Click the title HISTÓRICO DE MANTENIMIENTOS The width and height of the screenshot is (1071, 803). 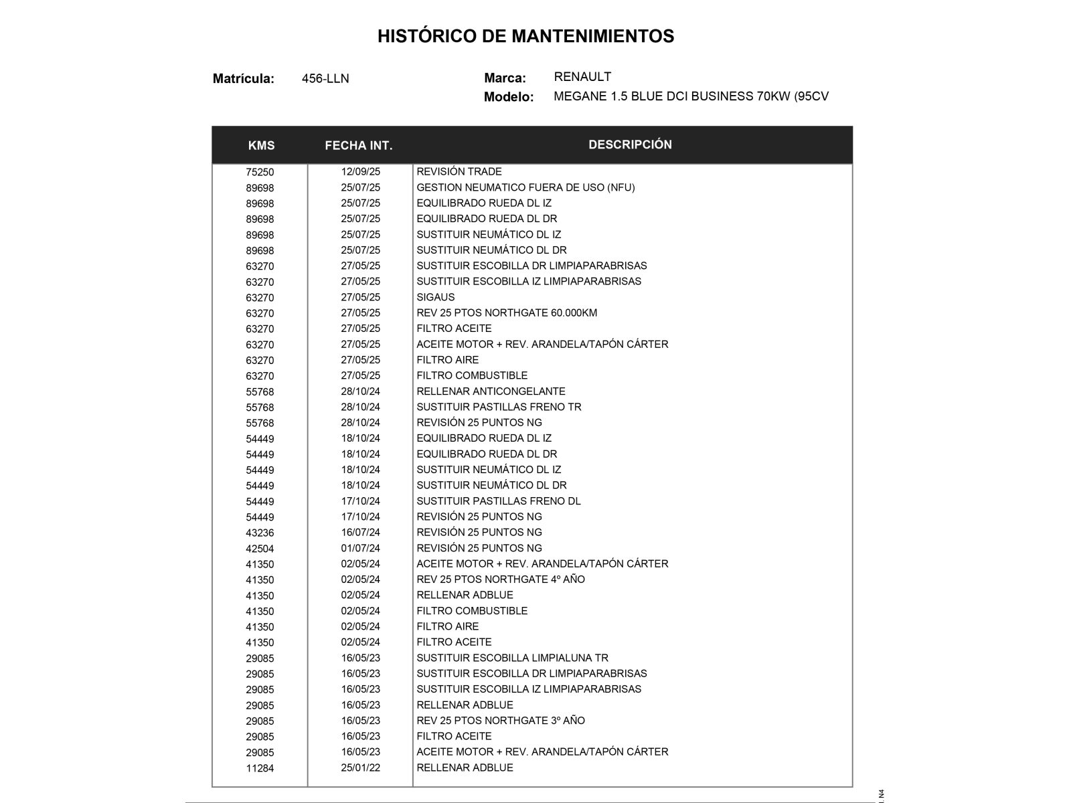pyautogui.click(x=525, y=36)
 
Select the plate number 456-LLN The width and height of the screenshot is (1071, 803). pyautogui.click(x=325, y=79)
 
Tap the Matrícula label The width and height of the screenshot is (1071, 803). pyautogui.click(x=244, y=79)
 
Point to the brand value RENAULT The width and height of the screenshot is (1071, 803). pyautogui.click(x=582, y=77)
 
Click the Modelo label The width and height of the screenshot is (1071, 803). pyautogui.click(x=509, y=97)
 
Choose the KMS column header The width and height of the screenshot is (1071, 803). pyautogui.click(x=261, y=146)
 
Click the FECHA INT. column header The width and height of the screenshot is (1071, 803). pyautogui.click(x=359, y=146)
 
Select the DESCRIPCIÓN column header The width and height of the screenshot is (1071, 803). pyautogui.click(x=630, y=145)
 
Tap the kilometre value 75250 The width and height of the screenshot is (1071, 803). pyautogui.click(x=260, y=172)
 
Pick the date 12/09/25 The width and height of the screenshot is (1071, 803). pyautogui.click(x=360, y=172)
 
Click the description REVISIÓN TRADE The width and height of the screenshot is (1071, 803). pyautogui.click(x=459, y=172)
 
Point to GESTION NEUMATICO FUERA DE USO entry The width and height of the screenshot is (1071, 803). pyautogui.click(x=525, y=187)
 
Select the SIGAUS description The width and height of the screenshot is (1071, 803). pyautogui.click(x=436, y=297)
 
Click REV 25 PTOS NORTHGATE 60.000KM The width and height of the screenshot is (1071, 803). pyautogui.click(x=507, y=313)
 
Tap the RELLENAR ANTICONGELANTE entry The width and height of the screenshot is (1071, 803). pyautogui.click(x=491, y=391)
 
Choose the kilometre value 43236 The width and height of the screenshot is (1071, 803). pyautogui.click(x=260, y=533)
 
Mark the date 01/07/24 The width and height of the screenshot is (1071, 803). pyautogui.click(x=360, y=548)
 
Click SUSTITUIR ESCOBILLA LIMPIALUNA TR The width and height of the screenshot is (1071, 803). pyautogui.click(x=512, y=658)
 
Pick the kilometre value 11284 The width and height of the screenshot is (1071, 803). pyautogui.click(x=260, y=768)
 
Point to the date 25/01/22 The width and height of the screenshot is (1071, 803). pyautogui.click(x=360, y=768)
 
